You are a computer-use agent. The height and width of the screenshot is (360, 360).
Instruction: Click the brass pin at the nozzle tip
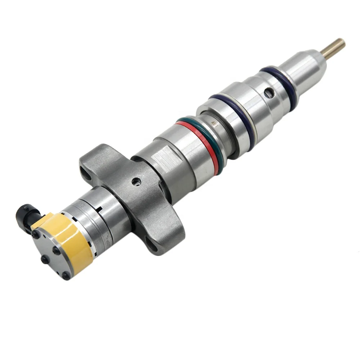tap(334, 49)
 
